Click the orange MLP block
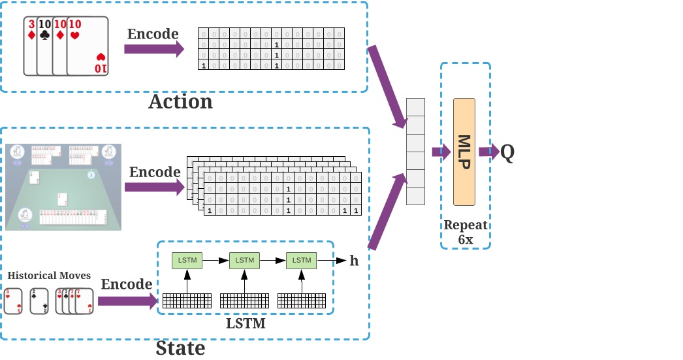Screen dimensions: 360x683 465,152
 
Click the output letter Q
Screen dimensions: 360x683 507,152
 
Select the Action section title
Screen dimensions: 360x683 181,102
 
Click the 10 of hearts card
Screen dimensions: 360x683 88,46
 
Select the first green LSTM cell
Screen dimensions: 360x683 187,260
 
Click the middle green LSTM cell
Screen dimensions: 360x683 244,260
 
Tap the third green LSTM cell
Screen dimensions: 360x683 301,260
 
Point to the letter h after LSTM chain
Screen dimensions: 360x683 354,261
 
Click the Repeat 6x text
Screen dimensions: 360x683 466,233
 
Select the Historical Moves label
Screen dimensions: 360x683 49,276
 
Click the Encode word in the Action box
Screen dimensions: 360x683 153,34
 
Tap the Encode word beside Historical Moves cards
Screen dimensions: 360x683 127,284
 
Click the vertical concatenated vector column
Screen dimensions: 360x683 415,152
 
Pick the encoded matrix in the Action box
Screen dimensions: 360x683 270,49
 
